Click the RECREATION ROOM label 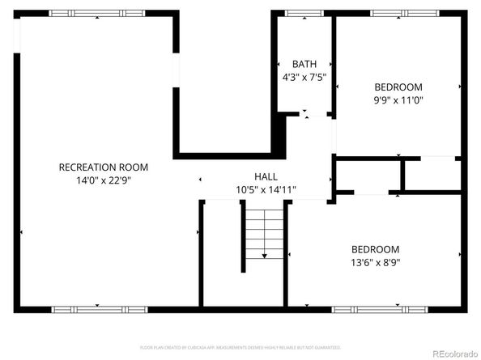pyautogui.click(x=104, y=167)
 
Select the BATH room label pyautogui.click(x=304, y=65)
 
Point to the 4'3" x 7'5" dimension pyautogui.click(x=304, y=78)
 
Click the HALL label pyautogui.click(x=266, y=176)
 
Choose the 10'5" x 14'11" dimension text pyautogui.click(x=266, y=190)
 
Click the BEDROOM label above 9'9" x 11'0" pyautogui.click(x=398, y=87)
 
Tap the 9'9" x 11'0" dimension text pyautogui.click(x=398, y=100)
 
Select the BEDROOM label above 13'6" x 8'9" pyautogui.click(x=375, y=249)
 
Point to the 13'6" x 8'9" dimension pyautogui.click(x=375, y=262)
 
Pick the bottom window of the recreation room pyautogui.click(x=99, y=308)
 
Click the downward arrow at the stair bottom pyautogui.click(x=265, y=256)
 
